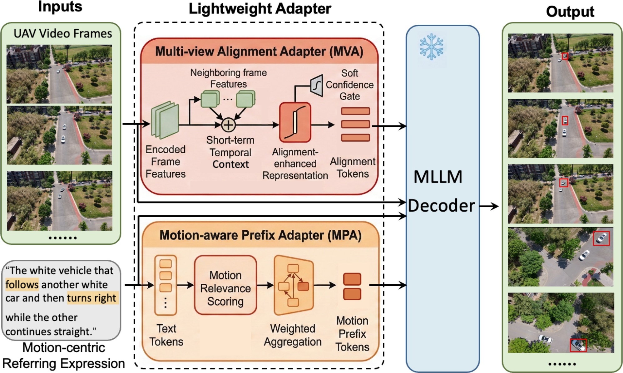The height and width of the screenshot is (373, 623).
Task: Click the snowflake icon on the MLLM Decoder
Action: pos(431,47)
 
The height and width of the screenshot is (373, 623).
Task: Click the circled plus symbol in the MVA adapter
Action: pos(228,125)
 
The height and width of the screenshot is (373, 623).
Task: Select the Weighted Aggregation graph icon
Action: pos(293,285)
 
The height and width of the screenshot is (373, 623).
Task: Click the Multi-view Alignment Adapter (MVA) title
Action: pos(259,51)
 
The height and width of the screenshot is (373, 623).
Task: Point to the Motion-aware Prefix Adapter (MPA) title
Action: pos(260,235)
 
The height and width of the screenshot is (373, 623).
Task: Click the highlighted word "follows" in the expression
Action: pos(22,284)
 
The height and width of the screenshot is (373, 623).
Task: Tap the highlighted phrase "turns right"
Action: pos(92,298)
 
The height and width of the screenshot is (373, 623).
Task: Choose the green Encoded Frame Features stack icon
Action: pos(165,120)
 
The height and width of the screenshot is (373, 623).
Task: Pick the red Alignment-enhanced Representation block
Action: pos(295,122)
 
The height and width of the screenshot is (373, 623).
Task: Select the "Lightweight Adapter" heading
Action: pos(260,9)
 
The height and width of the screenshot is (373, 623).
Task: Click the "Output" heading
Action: pos(570,12)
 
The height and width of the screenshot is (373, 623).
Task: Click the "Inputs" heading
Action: pos(60,7)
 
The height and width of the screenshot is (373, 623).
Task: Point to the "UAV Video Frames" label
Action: pos(63,33)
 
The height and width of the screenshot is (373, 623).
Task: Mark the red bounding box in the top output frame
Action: pos(565,56)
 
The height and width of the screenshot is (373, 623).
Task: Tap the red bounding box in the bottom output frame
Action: pos(578,345)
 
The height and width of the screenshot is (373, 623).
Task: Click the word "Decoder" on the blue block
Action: pos(441,205)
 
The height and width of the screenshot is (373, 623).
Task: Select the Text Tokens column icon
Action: pos(166,285)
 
